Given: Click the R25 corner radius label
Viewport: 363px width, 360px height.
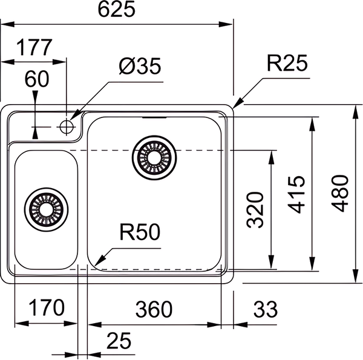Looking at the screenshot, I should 287,63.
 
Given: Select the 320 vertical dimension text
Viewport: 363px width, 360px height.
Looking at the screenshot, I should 256,209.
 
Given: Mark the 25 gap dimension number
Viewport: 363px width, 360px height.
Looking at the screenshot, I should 119,341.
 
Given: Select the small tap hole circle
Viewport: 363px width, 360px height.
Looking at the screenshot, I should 67,126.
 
